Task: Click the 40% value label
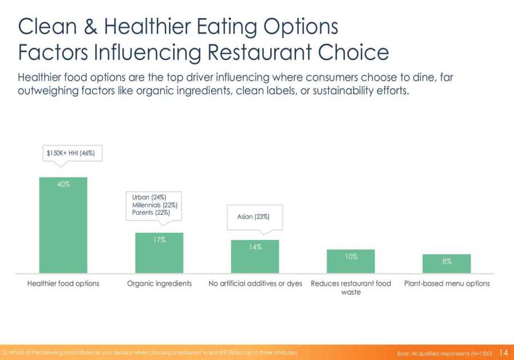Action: click(x=63, y=184)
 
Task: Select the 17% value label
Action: click(x=159, y=240)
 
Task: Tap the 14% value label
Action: click(x=255, y=247)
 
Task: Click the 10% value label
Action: click(x=351, y=257)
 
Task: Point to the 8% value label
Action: click(x=447, y=261)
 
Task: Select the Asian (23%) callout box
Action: click(x=253, y=217)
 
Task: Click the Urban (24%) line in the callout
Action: click(x=149, y=197)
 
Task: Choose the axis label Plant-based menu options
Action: click(x=447, y=283)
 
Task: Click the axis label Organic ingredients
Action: click(x=159, y=283)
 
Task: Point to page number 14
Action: click(x=503, y=353)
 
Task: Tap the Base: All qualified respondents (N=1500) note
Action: click(x=444, y=353)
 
